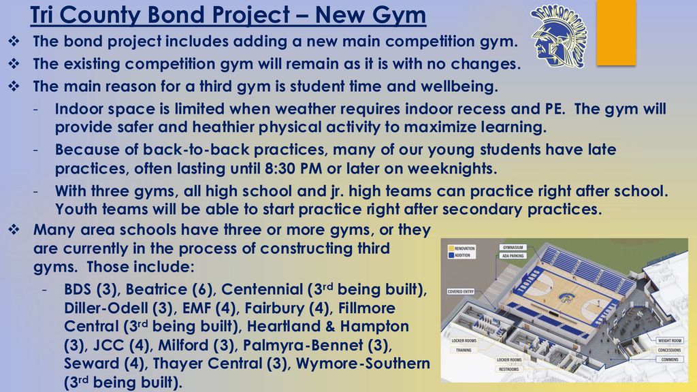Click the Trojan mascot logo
pos(557,35)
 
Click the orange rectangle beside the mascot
pos(615,32)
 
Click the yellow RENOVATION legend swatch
pos(450,249)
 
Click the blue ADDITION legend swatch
pos(450,256)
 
